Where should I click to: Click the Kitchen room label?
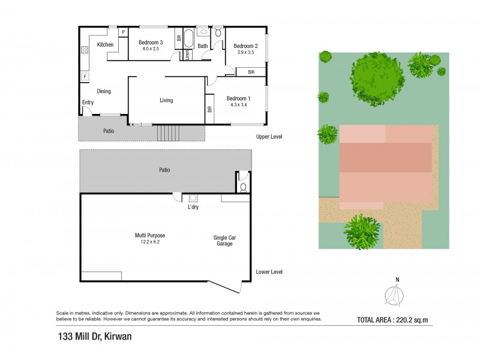(106, 45)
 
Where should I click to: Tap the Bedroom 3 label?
(151, 43)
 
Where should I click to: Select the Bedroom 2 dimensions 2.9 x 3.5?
(245, 53)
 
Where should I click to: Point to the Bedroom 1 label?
(238, 98)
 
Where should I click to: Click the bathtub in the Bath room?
(188, 39)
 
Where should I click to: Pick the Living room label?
(166, 100)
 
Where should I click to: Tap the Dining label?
(104, 91)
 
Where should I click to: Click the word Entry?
(88, 103)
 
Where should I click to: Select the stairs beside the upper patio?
(168, 133)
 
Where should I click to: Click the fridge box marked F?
(85, 77)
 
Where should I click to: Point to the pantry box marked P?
(123, 32)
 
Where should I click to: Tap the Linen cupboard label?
(187, 55)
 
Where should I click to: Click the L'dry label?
(193, 207)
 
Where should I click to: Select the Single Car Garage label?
(225, 241)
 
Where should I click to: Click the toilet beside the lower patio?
(243, 187)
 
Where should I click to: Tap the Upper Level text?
(269, 137)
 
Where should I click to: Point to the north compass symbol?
(394, 294)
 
